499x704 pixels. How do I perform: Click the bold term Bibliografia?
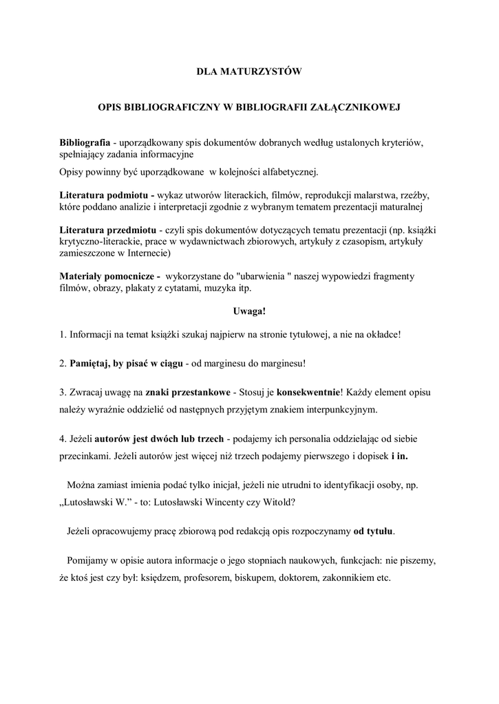85,142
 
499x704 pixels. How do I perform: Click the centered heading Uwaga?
249,311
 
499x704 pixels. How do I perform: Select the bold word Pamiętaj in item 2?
92,363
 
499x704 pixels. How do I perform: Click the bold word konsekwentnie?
309,392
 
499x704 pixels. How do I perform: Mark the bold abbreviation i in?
399,456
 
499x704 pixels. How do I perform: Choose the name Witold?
277,501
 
